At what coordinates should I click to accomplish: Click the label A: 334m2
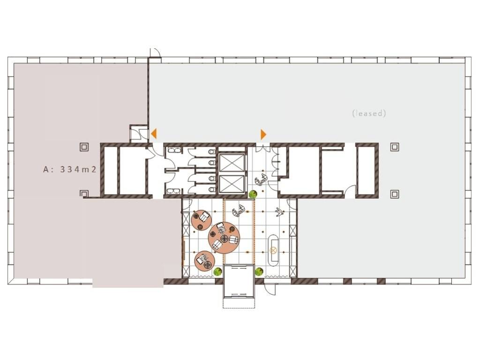[x=70, y=169]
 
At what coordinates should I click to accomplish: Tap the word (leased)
[x=369, y=113]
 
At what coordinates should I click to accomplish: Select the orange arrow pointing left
[x=154, y=134]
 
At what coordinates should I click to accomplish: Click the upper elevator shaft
[x=232, y=163]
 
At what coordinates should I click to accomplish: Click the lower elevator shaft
[x=232, y=184]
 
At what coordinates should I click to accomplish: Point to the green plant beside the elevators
[x=253, y=194]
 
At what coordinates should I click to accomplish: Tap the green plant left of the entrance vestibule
[x=217, y=271]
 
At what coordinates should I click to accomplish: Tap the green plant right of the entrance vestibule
[x=259, y=271]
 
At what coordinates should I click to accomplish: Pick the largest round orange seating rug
[x=224, y=238]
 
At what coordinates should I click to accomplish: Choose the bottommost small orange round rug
[x=204, y=261]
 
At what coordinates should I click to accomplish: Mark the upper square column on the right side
[x=395, y=147]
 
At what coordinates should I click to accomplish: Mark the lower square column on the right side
[x=395, y=194]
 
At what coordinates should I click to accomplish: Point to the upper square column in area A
[x=84, y=147]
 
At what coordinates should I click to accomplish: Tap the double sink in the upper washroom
[x=174, y=150]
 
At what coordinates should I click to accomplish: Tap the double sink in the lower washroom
[x=174, y=191]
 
